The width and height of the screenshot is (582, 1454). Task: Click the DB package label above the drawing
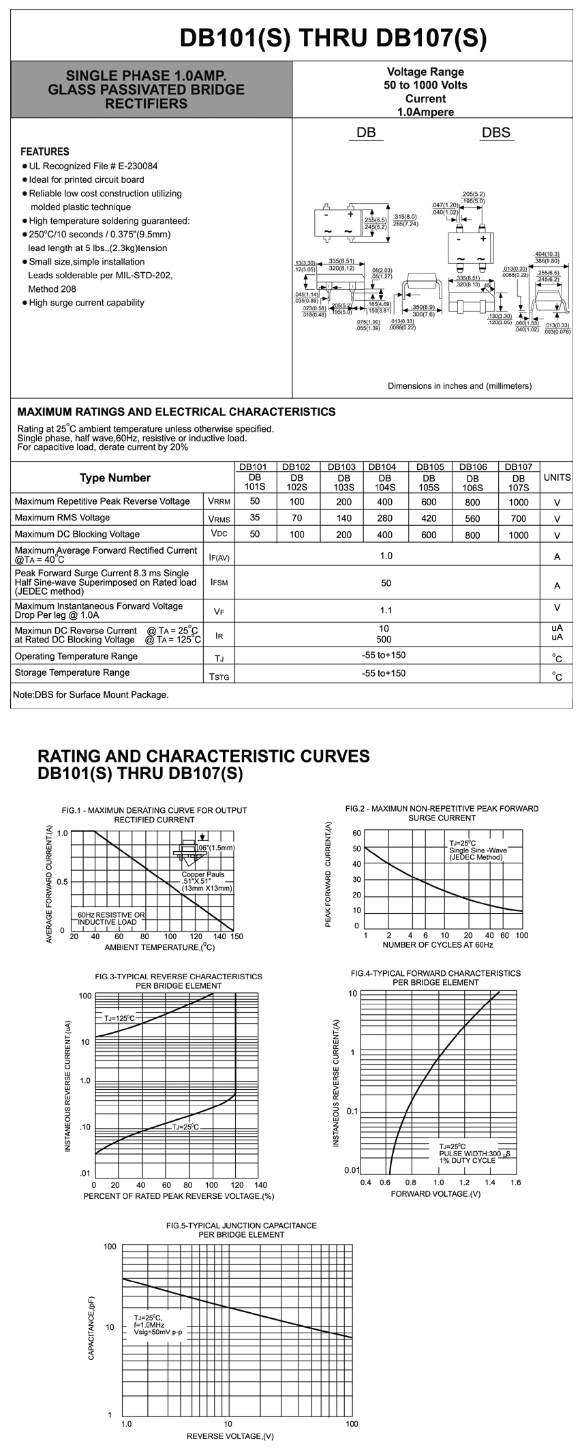pos(366,133)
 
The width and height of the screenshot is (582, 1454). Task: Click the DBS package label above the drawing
pos(495,133)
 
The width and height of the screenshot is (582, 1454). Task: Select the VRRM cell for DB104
pos(384,502)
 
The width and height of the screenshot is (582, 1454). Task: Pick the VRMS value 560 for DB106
pos(472,518)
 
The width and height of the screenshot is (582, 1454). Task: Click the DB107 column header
pos(519,467)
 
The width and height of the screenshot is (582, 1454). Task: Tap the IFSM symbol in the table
pos(219,584)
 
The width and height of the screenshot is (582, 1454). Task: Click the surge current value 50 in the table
pos(386,583)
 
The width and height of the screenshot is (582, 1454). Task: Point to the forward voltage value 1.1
pos(386,610)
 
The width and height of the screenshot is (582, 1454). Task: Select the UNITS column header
pos(557,477)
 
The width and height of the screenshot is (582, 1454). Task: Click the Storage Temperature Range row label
pos(72,673)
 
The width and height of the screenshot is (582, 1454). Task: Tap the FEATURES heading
pos(44,151)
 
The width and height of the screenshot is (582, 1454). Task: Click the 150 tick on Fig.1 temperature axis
pos(236,936)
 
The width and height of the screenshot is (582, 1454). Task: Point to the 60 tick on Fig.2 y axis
pos(356,833)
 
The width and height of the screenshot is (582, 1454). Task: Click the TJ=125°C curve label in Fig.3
pos(120,1018)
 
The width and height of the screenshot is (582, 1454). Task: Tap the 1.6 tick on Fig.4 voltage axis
pos(515,1183)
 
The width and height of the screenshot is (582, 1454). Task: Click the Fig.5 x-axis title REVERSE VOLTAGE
pos(230,1436)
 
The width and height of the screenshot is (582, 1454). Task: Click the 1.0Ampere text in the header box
pos(425,112)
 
